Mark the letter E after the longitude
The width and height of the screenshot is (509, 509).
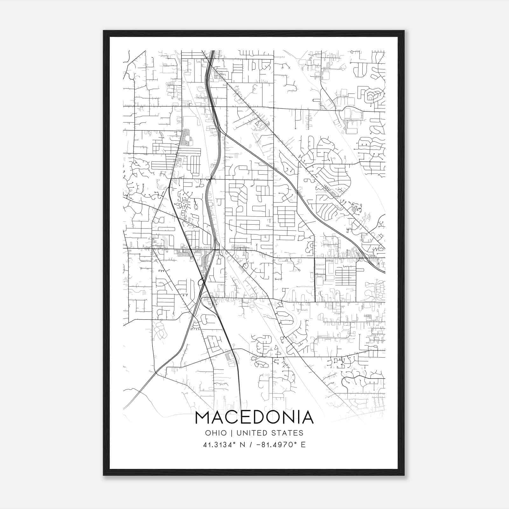303,445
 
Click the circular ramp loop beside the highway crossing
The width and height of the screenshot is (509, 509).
201,282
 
